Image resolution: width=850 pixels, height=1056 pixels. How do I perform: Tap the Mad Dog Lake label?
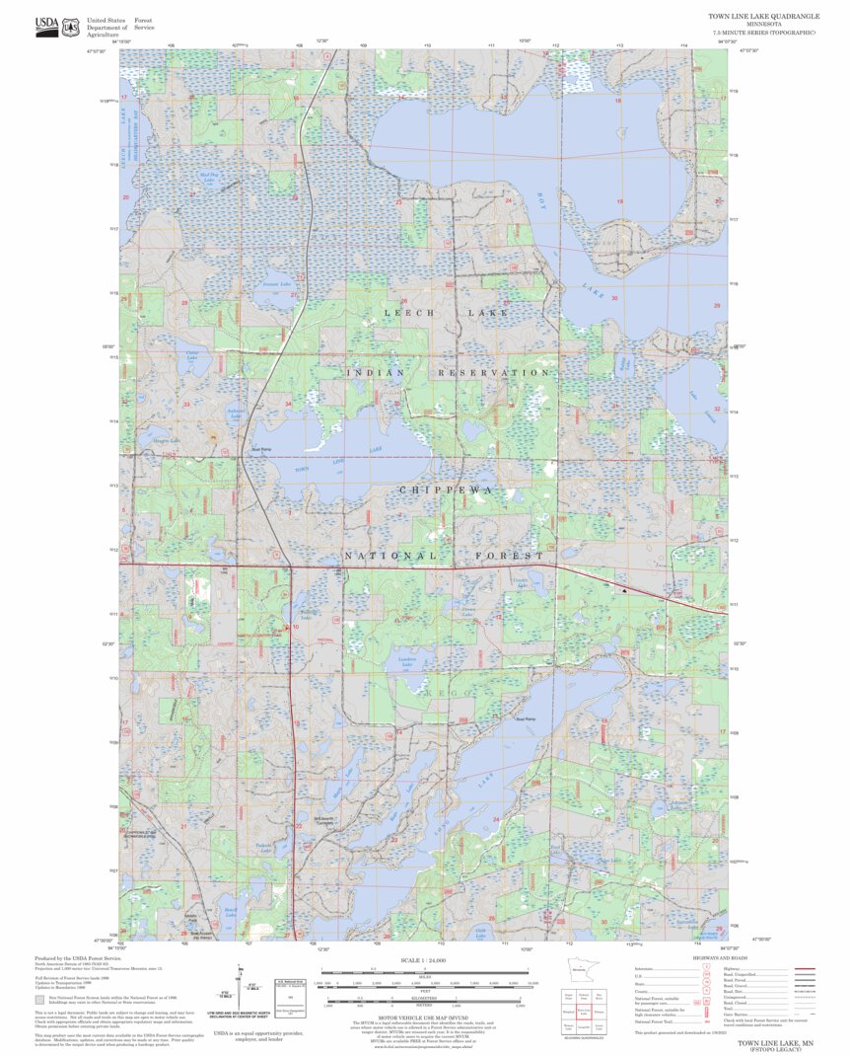click(208, 177)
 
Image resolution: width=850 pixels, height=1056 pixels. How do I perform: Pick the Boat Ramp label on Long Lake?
click(527, 718)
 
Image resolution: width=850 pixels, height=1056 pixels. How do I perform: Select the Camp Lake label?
click(192, 353)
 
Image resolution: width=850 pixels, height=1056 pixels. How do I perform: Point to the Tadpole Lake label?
click(263, 847)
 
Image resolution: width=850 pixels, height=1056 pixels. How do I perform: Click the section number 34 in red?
click(288, 404)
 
